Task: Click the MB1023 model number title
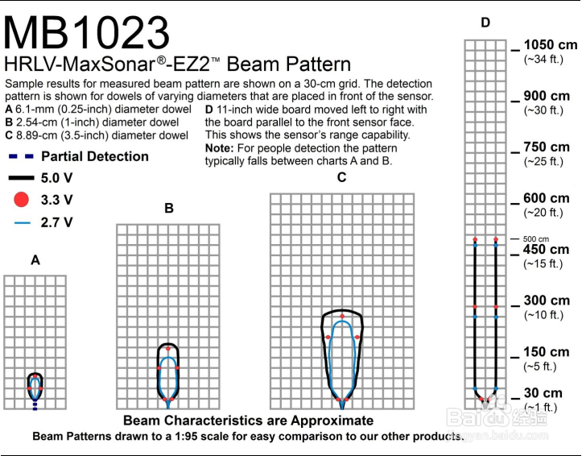click(x=86, y=32)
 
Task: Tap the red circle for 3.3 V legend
click(x=21, y=200)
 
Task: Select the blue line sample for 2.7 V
click(x=22, y=223)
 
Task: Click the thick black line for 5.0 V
click(x=21, y=178)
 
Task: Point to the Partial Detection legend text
click(x=95, y=156)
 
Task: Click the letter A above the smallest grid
click(x=35, y=260)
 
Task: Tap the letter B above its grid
click(x=169, y=208)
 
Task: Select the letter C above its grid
click(x=341, y=177)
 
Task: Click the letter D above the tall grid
click(x=485, y=23)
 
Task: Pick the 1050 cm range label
click(x=551, y=45)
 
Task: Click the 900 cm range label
click(x=547, y=96)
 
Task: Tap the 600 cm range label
click(x=547, y=198)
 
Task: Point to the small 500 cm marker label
click(x=536, y=239)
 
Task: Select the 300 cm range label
click(x=547, y=301)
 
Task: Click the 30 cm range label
click(x=543, y=393)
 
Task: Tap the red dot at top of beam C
click(x=342, y=317)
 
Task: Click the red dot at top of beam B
click(x=168, y=349)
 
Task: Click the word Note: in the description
click(x=220, y=148)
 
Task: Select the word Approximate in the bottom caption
click(x=332, y=421)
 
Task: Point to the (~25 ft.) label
click(x=543, y=162)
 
